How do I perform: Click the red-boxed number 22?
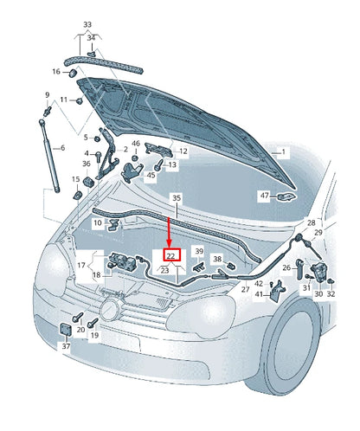[172, 254]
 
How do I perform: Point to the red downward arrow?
[169, 233]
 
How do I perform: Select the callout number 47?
[265, 196]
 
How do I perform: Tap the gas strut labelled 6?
[49, 156]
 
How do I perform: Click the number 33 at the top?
[87, 24]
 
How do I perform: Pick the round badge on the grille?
[110, 309]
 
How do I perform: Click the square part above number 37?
[65, 330]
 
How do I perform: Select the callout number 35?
[177, 198]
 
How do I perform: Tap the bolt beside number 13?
[158, 166]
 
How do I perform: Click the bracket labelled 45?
[132, 172]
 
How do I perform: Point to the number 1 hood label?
[283, 151]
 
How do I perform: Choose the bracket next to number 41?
[277, 291]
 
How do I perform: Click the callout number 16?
[56, 71]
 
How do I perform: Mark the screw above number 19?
[93, 323]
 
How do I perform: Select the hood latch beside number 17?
[123, 261]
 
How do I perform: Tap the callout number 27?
[245, 289]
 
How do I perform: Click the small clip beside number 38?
[230, 265]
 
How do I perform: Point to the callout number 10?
[98, 222]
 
